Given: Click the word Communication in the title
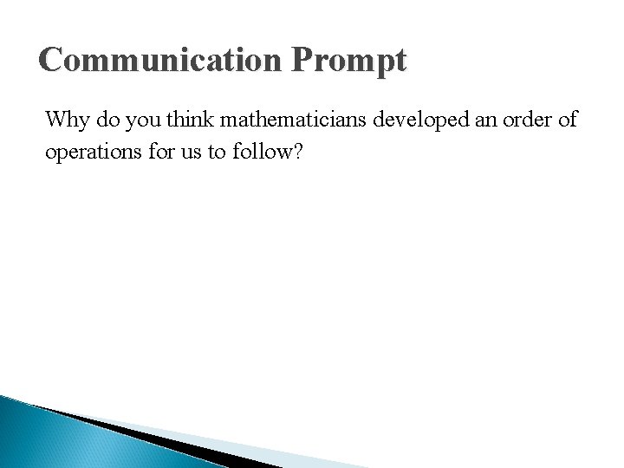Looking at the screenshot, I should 159,60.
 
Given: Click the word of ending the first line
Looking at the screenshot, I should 569,119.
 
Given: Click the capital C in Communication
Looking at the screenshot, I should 51,60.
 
